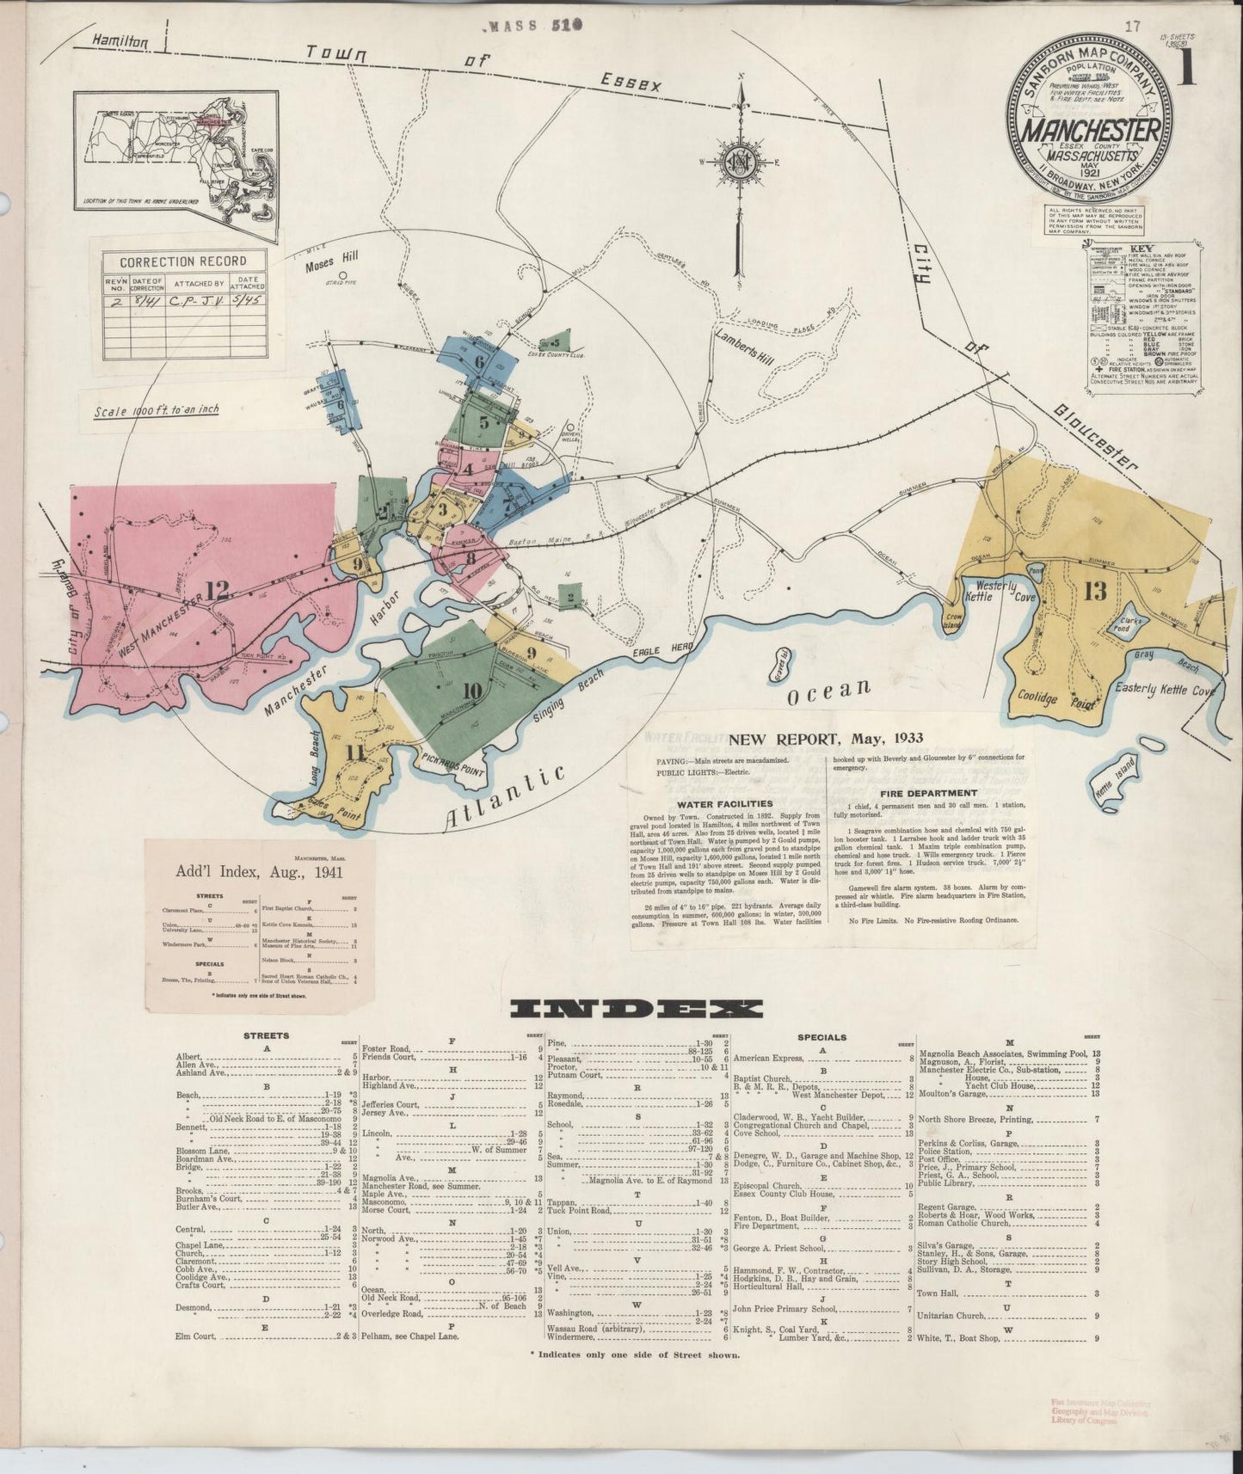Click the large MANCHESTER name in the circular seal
1090,131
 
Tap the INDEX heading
635,1009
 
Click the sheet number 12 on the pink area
218,590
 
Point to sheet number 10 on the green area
471,690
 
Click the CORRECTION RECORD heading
182,261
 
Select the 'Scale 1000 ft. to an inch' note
157,410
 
